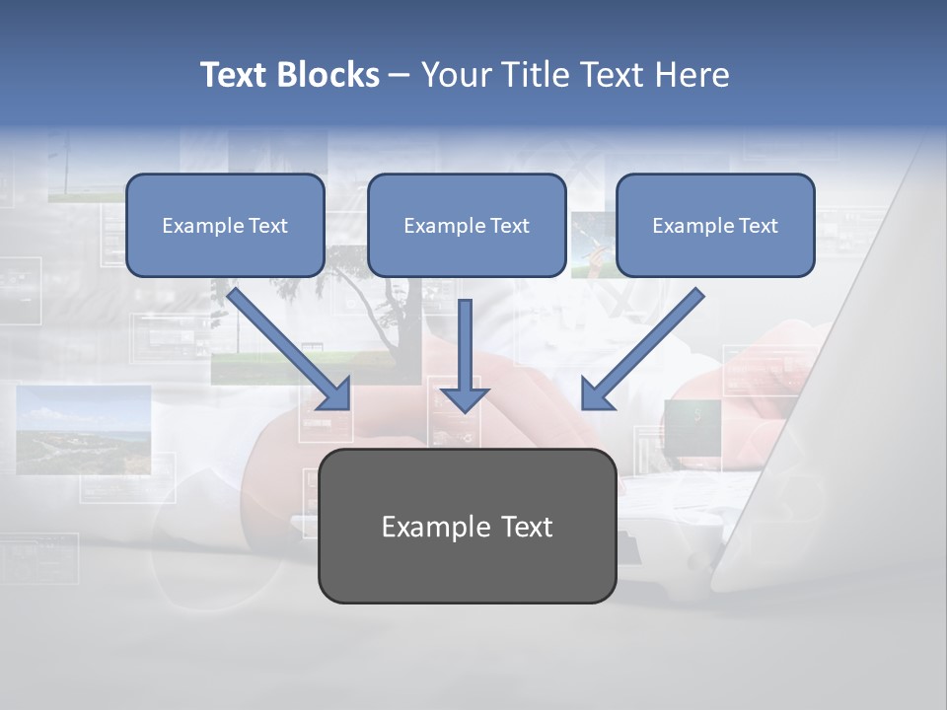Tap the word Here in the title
click(x=692, y=75)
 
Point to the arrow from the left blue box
click(x=286, y=345)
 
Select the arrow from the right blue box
click(x=646, y=345)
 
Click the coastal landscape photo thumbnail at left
click(x=84, y=429)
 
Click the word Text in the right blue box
click(x=758, y=226)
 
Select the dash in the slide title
click(x=400, y=75)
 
